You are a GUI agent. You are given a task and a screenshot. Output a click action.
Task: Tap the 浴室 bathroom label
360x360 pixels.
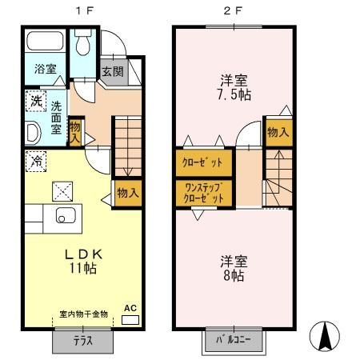(x=44, y=70)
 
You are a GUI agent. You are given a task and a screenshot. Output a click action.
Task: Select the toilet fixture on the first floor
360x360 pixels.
(x=83, y=46)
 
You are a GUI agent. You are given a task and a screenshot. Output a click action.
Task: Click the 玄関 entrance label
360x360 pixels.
(x=111, y=70)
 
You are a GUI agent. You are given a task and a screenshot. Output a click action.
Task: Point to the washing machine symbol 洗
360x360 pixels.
(x=35, y=102)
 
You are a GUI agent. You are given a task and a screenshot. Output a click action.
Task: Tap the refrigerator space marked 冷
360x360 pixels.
(x=35, y=159)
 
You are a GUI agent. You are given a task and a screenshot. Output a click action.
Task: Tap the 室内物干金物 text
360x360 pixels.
(x=82, y=314)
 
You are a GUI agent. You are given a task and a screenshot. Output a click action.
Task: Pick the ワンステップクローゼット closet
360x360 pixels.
(x=204, y=191)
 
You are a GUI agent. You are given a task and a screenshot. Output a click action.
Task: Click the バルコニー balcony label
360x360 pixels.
(x=233, y=338)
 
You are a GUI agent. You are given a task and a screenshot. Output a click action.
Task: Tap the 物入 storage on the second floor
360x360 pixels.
(x=278, y=133)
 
